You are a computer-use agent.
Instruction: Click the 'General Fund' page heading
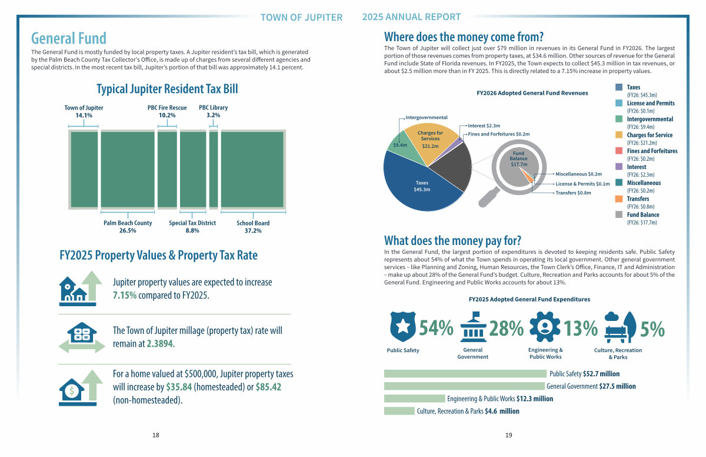[x=69, y=39]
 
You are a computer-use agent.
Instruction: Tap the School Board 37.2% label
[x=253, y=227]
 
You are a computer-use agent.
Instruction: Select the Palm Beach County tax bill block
[x=127, y=170]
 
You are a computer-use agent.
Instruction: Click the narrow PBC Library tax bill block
[x=213, y=170]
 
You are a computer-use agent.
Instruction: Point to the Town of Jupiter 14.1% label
[x=84, y=112]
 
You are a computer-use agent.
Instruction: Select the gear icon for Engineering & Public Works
[x=545, y=327]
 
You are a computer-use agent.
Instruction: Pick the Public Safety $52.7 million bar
[x=465, y=373]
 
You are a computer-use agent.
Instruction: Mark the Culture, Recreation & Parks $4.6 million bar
[x=399, y=411]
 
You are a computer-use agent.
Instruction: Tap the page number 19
[x=509, y=435]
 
